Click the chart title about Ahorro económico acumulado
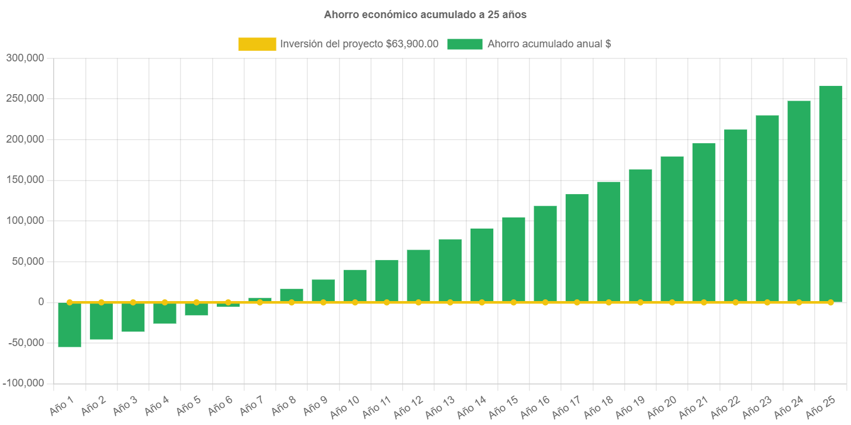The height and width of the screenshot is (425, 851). [425, 15]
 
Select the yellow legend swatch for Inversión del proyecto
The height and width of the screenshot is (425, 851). [257, 44]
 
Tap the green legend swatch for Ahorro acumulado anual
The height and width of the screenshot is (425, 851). [465, 44]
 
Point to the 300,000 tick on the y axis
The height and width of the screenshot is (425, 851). [25, 58]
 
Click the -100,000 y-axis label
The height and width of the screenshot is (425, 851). [23, 383]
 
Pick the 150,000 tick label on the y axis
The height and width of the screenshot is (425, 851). [25, 179]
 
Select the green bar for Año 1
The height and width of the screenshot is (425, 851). [70, 324]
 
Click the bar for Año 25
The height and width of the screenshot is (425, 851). [830, 193]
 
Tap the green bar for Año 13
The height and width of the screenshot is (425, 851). [450, 270]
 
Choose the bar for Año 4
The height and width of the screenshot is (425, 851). [165, 313]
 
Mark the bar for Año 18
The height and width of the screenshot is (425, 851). [608, 241]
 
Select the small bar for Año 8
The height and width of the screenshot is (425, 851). [292, 295]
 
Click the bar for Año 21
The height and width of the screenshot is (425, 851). [704, 222]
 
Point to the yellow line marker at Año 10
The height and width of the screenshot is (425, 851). [355, 302]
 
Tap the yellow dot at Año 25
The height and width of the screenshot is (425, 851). [830, 302]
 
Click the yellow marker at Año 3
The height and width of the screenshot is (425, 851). [133, 302]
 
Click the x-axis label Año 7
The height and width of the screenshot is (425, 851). [251, 405]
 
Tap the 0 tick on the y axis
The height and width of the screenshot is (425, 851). [41, 302]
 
